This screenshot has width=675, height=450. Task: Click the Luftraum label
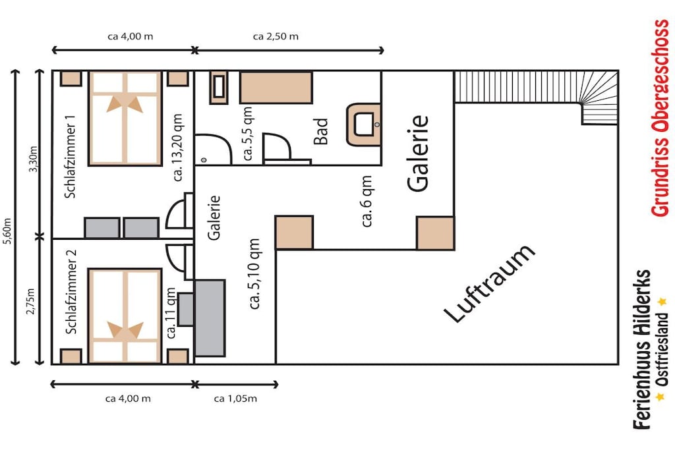490,283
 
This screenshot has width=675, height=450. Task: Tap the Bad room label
321,131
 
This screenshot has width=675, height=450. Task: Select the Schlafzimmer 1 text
70,157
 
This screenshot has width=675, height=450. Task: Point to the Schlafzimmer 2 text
71,292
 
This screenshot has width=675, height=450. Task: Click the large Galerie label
418,153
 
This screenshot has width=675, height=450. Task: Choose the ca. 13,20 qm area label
177,148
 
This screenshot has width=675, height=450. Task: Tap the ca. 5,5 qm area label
248,134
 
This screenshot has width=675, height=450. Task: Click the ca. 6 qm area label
367,202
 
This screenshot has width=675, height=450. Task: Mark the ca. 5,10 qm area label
254,274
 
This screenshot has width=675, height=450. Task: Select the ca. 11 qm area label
171,313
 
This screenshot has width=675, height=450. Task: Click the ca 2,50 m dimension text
276,37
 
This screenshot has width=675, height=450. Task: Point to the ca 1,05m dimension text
235,399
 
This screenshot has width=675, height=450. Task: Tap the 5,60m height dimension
8,232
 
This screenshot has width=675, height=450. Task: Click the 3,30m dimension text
33,159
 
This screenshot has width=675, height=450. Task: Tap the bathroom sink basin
364,125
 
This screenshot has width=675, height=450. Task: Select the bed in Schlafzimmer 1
125,119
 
